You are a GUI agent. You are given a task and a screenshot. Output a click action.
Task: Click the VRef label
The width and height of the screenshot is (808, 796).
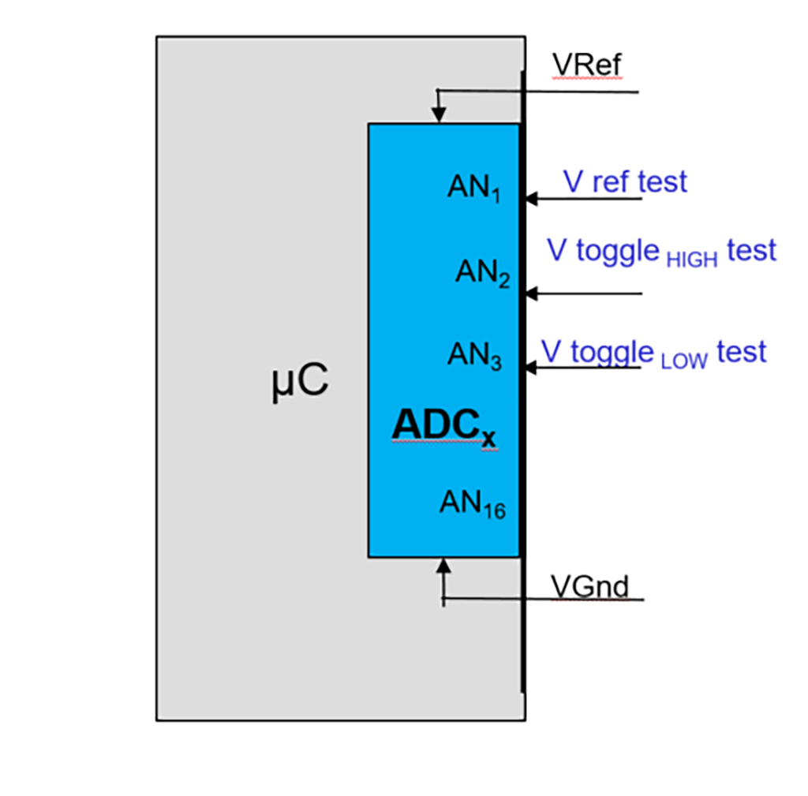[x=587, y=65]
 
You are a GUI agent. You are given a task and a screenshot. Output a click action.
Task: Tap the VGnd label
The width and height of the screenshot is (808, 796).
[x=589, y=586]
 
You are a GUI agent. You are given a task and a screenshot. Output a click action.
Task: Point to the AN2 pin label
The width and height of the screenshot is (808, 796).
[x=482, y=273]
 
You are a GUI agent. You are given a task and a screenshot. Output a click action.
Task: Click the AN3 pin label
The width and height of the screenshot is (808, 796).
[x=474, y=355]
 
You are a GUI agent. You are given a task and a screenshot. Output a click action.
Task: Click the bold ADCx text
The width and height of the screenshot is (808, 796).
[x=444, y=427]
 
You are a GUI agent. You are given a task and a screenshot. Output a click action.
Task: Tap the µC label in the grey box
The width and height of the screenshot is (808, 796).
[x=299, y=383]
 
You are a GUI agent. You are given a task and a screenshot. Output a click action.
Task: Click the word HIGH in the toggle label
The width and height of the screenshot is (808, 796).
[x=692, y=260]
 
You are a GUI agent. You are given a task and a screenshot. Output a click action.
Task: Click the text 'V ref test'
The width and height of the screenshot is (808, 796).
[x=625, y=181]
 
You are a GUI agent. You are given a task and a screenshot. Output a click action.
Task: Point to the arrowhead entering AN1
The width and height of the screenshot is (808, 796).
[x=531, y=199]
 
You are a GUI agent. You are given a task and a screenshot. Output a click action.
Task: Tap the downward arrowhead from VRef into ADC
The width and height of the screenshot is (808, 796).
[x=438, y=117]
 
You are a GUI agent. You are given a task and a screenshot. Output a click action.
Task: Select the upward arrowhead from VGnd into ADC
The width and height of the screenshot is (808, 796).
[x=443, y=565]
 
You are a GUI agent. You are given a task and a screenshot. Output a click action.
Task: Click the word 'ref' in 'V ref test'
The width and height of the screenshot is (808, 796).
[x=611, y=181]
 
